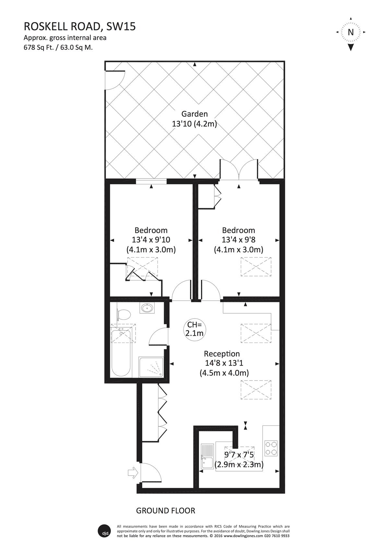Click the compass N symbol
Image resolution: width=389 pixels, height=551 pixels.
pyautogui.click(x=351, y=32)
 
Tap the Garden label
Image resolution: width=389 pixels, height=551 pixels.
pyautogui.click(x=194, y=114)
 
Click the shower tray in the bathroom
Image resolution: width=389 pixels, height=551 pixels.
pyautogui.click(x=151, y=367)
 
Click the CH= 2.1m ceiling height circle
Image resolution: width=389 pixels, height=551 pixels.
pyautogui.click(x=194, y=329)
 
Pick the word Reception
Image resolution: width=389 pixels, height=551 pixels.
pyautogui.click(x=222, y=354)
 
